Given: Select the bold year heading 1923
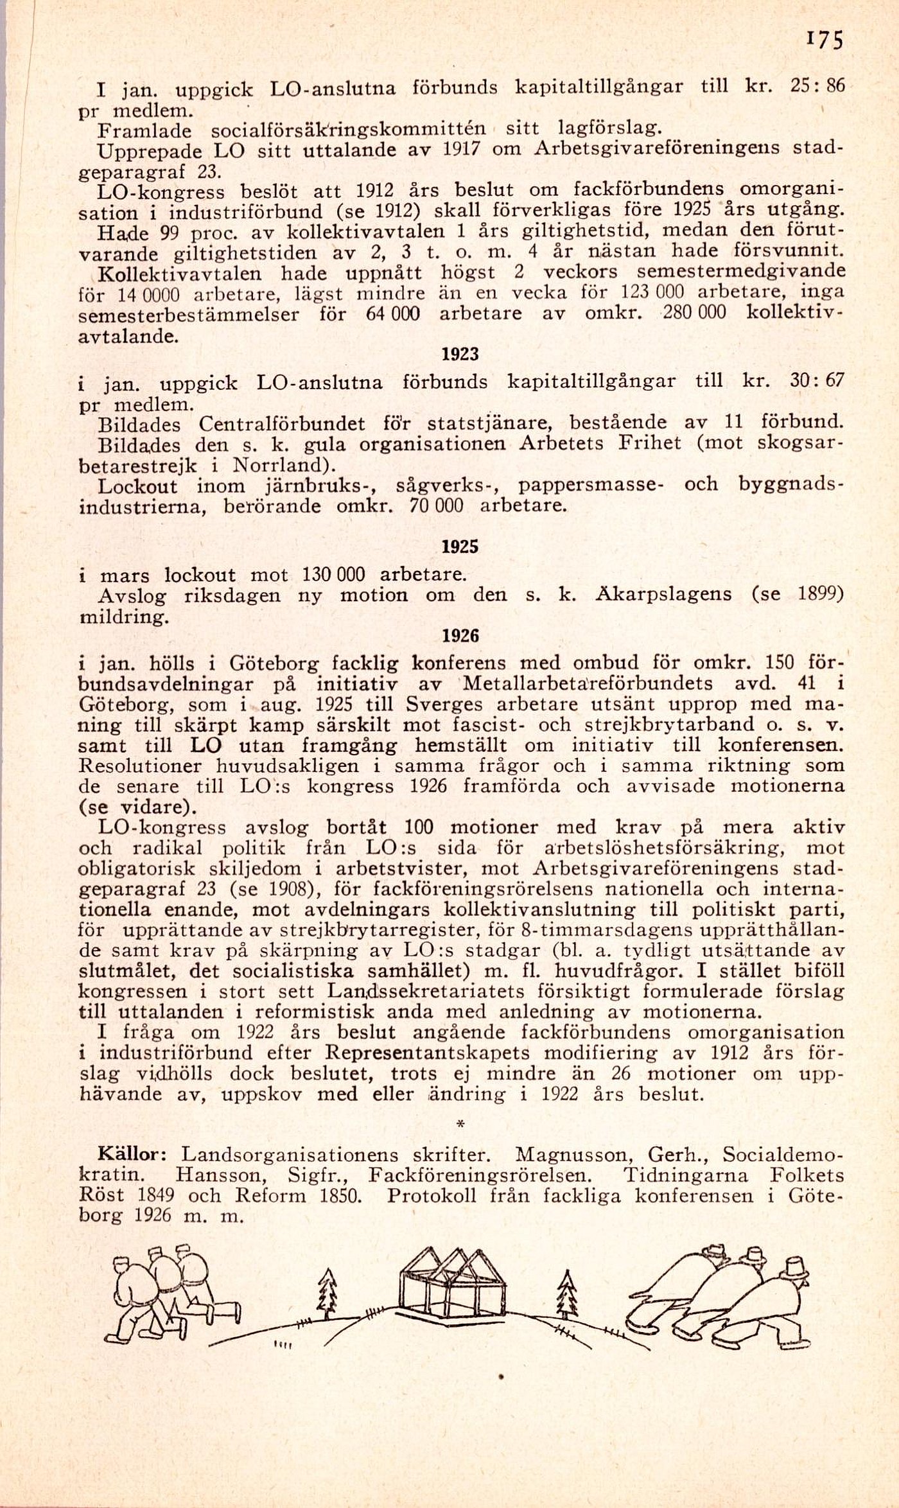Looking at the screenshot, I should pyautogui.click(x=460, y=355).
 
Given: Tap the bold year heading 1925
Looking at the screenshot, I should pyautogui.click(x=460, y=547).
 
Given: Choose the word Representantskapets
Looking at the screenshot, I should pyautogui.click(x=428, y=1053).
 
